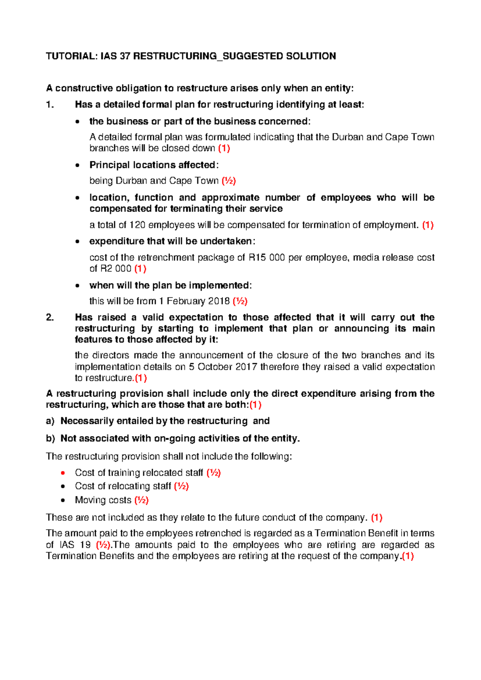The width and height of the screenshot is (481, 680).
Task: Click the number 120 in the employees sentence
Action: [x=137, y=225]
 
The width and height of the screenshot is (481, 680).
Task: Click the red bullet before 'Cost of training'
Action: [x=63, y=473]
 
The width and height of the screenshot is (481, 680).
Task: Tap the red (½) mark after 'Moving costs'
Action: [x=141, y=500]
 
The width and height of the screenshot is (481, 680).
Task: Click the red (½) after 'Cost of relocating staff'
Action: [x=181, y=486]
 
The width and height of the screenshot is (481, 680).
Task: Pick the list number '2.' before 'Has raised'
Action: [x=50, y=318]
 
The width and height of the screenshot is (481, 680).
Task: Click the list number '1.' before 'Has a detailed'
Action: [x=50, y=105]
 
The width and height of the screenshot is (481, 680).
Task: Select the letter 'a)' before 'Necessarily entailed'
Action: [x=50, y=421]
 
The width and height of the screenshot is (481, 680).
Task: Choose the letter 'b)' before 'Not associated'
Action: [x=50, y=439]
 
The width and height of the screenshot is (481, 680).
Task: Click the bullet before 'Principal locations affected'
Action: [x=77, y=165]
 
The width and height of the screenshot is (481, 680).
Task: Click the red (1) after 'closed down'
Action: [x=224, y=148]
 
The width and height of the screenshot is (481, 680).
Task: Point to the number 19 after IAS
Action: [x=85, y=545]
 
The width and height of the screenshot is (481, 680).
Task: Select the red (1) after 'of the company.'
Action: [x=408, y=556]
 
